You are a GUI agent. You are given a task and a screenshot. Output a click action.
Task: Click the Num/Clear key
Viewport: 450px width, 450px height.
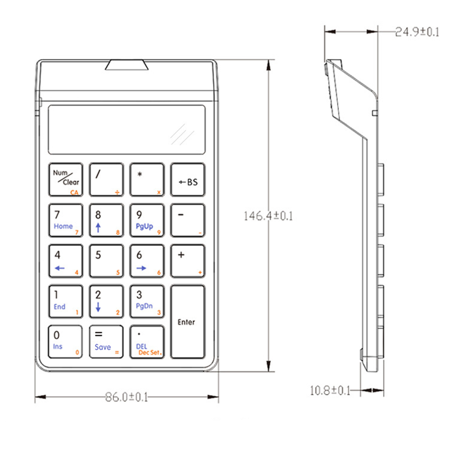click(x=66, y=180)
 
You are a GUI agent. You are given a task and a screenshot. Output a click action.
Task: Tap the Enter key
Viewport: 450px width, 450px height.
click(x=187, y=322)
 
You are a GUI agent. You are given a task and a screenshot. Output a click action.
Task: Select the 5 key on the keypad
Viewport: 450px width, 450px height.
click(x=106, y=261)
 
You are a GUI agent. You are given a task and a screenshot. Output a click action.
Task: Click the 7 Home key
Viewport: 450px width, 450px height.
click(x=66, y=220)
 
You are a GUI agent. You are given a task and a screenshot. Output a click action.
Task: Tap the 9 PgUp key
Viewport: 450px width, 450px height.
click(x=147, y=220)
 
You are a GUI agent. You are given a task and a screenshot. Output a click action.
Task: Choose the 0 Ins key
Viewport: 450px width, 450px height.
click(x=66, y=342)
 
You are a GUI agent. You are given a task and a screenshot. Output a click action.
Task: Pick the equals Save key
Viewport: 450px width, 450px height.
click(x=106, y=342)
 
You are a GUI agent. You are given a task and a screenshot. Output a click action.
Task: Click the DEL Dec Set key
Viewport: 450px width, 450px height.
click(x=147, y=342)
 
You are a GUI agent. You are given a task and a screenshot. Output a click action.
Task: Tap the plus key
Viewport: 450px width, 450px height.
click(x=187, y=261)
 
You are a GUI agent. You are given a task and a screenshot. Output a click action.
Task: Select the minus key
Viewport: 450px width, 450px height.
click(x=187, y=220)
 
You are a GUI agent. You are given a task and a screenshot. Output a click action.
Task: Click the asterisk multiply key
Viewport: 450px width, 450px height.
click(x=147, y=180)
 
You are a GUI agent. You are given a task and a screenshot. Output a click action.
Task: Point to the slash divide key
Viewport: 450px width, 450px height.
click(x=106, y=180)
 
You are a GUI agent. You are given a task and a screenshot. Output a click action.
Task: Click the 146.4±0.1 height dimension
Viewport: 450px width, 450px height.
click(x=268, y=216)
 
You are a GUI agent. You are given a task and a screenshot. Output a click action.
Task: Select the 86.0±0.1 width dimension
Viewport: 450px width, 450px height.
click(x=126, y=397)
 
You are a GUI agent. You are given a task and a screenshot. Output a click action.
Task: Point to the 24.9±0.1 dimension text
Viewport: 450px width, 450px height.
click(x=417, y=32)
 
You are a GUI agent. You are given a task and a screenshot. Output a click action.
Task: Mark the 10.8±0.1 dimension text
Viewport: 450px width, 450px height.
click(x=330, y=390)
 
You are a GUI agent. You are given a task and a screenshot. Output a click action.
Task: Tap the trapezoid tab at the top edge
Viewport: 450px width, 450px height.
click(x=127, y=65)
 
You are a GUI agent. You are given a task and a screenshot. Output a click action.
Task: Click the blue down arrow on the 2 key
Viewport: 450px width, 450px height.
click(x=98, y=307)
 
